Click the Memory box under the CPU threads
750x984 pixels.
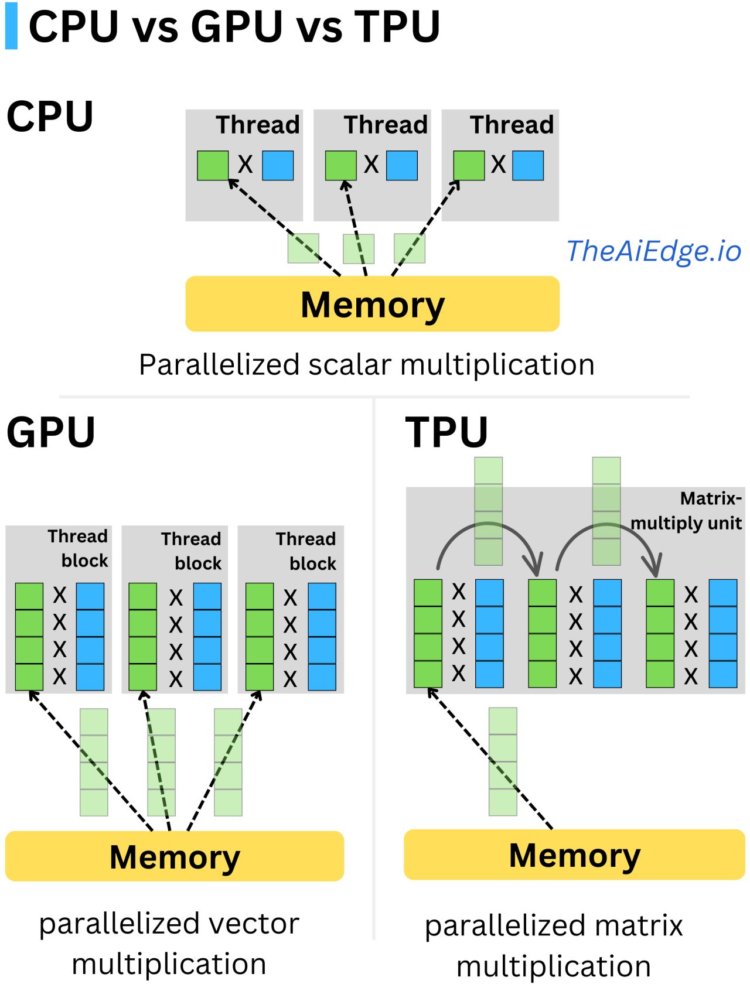pyautogui.click(x=371, y=304)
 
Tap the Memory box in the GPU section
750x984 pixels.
pyautogui.click(x=175, y=856)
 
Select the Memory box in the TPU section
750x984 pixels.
pyautogui.click(x=574, y=855)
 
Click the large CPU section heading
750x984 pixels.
pyautogui.click(x=50, y=117)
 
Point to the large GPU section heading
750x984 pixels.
pyautogui.click(x=50, y=432)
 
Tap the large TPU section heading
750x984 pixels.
pyautogui.click(x=446, y=432)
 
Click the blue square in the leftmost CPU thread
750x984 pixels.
pyautogui.click(x=278, y=165)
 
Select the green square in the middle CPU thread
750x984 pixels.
pyautogui.click(x=340, y=165)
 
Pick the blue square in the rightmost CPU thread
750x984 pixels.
pyautogui.click(x=528, y=165)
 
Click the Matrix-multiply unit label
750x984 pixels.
pyautogui.click(x=686, y=511)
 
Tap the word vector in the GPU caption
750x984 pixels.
pyautogui.click(x=251, y=924)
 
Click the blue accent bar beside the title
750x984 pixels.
pyautogui.click(x=11, y=26)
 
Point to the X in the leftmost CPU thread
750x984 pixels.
pyautogui.click(x=245, y=164)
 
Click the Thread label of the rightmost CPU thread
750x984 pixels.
pyautogui.click(x=512, y=125)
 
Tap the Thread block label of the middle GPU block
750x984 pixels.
pyautogui.click(x=192, y=551)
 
